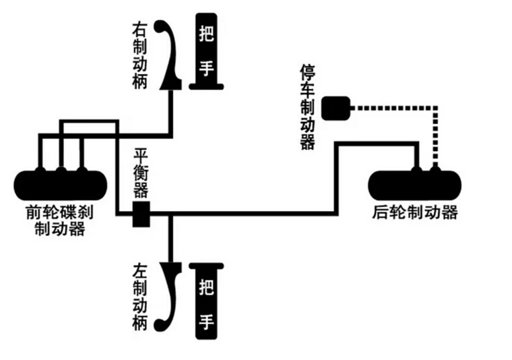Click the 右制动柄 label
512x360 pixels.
(139, 56)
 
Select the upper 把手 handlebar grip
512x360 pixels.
(206, 51)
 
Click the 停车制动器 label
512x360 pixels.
(308, 107)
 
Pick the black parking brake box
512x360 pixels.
(335, 108)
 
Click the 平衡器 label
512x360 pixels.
(141, 173)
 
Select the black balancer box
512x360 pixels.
(141, 214)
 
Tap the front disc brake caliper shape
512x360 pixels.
(61, 185)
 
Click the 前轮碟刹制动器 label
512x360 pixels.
(60, 220)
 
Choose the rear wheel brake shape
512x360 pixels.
(415, 185)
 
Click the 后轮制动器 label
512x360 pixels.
(415, 212)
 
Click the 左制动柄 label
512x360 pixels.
(139, 297)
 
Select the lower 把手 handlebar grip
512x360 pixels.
(206, 301)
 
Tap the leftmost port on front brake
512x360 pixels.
(40, 171)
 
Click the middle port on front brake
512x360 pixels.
(61, 171)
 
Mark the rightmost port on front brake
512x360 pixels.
(82, 171)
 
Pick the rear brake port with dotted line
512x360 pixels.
(435, 170)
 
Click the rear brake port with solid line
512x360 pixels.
(416, 170)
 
